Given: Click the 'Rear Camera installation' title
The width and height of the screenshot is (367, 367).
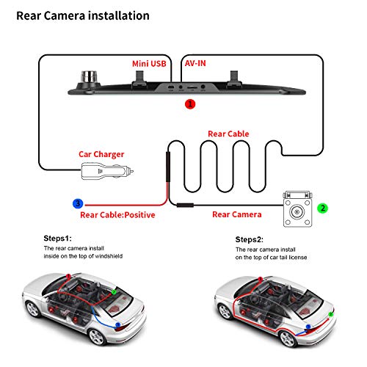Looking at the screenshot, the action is (x=83, y=16).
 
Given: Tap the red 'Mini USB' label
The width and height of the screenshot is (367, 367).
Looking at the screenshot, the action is (x=149, y=64).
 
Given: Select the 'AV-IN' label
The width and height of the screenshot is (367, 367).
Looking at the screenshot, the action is (x=195, y=63).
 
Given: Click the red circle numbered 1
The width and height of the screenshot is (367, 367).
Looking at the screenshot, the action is (x=190, y=104).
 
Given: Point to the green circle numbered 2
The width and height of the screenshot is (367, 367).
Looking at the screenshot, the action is (x=322, y=208).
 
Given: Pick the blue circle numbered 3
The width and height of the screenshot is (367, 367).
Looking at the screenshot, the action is (x=78, y=203).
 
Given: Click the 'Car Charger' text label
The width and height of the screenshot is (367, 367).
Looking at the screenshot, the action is (x=101, y=155).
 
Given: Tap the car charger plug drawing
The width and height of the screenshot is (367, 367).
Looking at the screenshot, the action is (x=107, y=172).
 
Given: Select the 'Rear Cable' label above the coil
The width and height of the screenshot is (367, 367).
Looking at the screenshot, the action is (x=228, y=134).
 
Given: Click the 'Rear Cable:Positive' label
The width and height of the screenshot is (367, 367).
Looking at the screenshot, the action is (x=117, y=215).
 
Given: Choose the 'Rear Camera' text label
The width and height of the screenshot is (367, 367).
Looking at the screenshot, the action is (x=237, y=214).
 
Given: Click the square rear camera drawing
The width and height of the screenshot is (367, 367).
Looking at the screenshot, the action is (x=297, y=209).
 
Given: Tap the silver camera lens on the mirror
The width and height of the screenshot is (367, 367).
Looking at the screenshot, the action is (x=89, y=76).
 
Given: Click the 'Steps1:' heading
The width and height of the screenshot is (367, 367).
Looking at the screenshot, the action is (x=57, y=239).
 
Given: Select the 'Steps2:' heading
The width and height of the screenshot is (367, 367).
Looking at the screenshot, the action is (x=250, y=239).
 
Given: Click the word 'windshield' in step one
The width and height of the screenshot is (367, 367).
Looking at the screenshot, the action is (x=109, y=256).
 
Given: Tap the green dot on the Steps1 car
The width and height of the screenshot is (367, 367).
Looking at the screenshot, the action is (x=114, y=291).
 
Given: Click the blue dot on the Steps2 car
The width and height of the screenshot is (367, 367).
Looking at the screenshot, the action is (x=308, y=327).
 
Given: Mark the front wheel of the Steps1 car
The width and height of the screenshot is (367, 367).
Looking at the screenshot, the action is (x=32, y=309).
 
